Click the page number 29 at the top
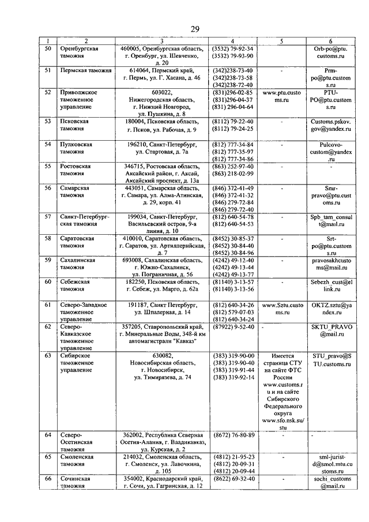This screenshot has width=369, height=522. click(x=195, y=30)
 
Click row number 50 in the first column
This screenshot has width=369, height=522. click(x=48, y=49)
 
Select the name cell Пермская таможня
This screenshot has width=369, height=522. click(x=81, y=70)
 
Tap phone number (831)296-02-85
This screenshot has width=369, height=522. click(x=233, y=92)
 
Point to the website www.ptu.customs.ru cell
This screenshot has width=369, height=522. click(x=281, y=96)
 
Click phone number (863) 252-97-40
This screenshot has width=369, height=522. click(x=233, y=166)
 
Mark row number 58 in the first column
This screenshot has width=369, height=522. click(x=48, y=238)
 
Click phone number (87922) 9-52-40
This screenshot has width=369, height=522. click(x=233, y=326)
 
